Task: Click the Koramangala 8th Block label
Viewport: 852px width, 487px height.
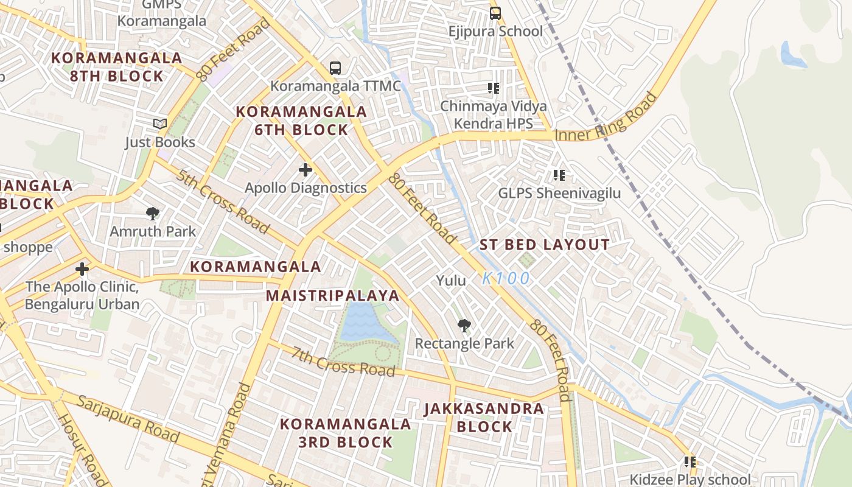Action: pyautogui.click(x=116, y=67)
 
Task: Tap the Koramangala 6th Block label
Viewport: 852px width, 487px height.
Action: pyautogui.click(x=301, y=121)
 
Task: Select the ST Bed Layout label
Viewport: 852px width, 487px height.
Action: pyautogui.click(x=545, y=245)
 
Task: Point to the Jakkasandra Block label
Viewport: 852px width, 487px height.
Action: pyautogui.click(x=484, y=417)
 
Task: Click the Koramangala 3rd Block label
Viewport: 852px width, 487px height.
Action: pyautogui.click(x=345, y=433)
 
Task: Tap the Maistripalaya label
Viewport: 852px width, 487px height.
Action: pyautogui.click(x=333, y=296)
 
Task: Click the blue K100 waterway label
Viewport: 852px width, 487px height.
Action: pyautogui.click(x=506, y=279)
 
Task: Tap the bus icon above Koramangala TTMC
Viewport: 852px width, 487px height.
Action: pyautogui.click(x=335, y=68)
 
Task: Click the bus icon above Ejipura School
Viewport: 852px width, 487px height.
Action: pyautogui.click(x=495, y=13)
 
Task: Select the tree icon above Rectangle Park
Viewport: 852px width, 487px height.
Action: pyautogui.click(x=464, y=326)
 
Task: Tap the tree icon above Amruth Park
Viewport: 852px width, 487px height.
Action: pyautogui.click(x=153, y=213)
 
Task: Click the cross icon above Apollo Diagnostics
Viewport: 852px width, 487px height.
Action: pyautogui.click(x=306, y=170)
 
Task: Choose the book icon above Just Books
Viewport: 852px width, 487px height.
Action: pyautogui.click(x=160, y=124)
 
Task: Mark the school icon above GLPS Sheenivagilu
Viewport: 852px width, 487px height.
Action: pyautogui.click(x=559, y=175)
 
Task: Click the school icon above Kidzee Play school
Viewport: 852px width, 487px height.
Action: pyautogui.click(x=690, y=462)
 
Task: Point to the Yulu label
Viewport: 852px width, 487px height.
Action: pyautogui.click(x=451, y=281)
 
